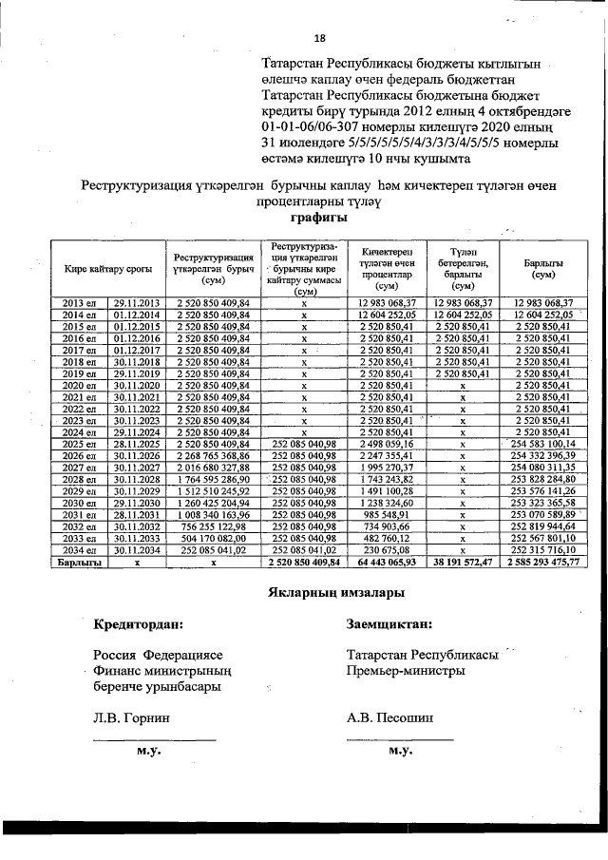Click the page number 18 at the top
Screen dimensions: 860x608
point(319,38)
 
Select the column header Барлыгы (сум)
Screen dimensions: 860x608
point(544,269)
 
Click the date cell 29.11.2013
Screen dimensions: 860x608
point(136,302)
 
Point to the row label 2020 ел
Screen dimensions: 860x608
point(79,386)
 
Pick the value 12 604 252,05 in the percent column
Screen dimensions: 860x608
point(385,314)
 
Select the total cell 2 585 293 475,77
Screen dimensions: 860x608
point(544,563)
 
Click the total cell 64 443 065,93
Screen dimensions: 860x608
point(385,563)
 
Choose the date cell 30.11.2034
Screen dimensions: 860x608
point(136,550)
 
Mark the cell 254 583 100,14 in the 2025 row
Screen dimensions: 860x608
point(544,443)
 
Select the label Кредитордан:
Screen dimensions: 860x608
point(139,625)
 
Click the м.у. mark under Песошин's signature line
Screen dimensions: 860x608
point(400,751)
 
